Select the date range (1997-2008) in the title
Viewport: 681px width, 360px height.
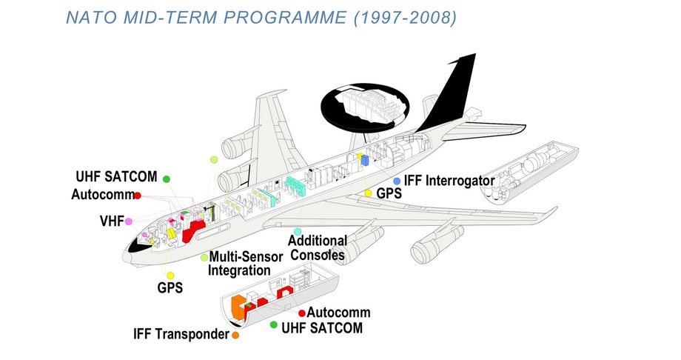403,16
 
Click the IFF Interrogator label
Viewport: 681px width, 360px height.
449,180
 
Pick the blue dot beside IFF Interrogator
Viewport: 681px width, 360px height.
397,181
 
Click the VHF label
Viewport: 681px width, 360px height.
112,221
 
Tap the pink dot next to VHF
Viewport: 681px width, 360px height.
129,221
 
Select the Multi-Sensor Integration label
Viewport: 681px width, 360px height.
245,264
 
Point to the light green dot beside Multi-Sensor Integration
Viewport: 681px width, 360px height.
204,257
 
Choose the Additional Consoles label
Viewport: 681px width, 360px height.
318,248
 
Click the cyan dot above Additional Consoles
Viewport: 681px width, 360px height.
298,232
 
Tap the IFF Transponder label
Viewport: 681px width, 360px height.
181,334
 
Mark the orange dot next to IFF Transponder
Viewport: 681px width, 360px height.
235,335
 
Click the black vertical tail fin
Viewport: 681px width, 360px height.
452,89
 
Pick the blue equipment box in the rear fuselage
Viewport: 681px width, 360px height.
364,159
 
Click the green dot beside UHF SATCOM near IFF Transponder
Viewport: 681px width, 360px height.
274,325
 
